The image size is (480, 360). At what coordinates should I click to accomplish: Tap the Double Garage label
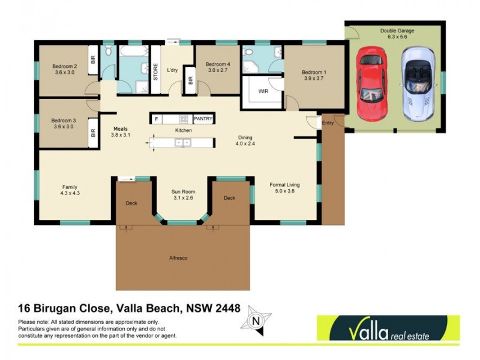click(395, 30)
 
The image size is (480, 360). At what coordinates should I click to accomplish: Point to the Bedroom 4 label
click(217, 64)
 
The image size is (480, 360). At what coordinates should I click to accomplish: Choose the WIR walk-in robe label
click(263, 92)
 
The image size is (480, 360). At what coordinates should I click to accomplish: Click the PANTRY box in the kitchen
click(203, 119)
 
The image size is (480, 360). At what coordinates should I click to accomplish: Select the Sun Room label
click(184, 192)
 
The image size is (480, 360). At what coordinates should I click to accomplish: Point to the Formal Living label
click(284, 185)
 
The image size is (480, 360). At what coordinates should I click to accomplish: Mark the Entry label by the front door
click(328, 123)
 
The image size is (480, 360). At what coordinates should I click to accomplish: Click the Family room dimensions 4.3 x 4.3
click(70, 194)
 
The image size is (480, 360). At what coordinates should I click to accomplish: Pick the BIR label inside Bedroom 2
click(92, 61)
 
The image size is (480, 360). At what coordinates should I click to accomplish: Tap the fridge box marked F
click(157, 119)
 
